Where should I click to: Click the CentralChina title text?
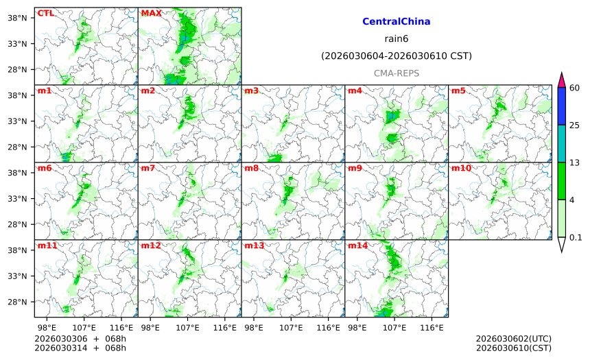[396, 22]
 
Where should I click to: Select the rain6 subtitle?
[397, 39]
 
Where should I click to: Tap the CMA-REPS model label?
[397, 73]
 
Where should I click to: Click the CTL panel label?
[45, 13]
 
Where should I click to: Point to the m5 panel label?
[458, 91]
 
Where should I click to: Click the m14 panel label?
[357, 245]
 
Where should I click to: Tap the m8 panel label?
[251, 168]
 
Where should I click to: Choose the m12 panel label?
[150, 245]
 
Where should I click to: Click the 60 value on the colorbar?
[575, 88]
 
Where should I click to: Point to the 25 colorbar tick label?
[575, 125]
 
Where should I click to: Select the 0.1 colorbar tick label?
[576, 238]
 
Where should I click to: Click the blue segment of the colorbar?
[561, 106]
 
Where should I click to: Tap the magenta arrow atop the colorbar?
[561, 80]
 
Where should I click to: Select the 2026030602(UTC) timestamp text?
[513, 339]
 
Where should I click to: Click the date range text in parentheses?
[397, 56]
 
